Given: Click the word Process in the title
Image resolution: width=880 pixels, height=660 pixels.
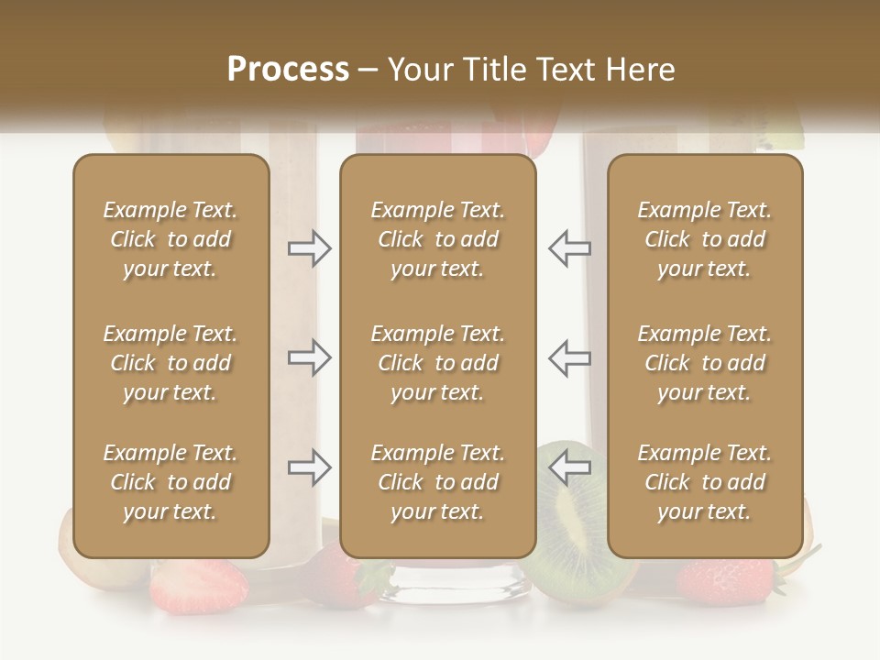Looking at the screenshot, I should (x=288, y=70).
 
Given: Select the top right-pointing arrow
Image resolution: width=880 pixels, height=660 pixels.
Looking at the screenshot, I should (x=310, y=247).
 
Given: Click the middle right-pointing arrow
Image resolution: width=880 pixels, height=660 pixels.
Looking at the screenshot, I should (x=310, y=357).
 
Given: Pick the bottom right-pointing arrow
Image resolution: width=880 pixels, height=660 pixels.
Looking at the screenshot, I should (x=310, y=467).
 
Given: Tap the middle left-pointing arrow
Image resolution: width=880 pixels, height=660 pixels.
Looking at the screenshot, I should (x=569, y=357).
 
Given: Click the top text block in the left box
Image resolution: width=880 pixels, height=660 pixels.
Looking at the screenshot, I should (x=170, y=239).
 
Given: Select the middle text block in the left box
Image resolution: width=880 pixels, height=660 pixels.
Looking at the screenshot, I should (x=170, y=363).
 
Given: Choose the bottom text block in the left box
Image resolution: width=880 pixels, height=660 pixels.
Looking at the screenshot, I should (x=170, y=482).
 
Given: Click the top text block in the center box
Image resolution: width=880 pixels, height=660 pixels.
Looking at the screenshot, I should (x=438, y=239).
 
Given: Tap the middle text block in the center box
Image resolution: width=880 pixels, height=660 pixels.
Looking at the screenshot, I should (x=438, y=363).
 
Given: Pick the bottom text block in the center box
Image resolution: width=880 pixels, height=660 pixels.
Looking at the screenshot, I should (x=438, y=482).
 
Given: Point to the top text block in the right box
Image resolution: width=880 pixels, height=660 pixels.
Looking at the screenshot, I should (x=705, y=239).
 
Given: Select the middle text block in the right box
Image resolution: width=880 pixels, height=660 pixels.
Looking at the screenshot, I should (x=705, y=363).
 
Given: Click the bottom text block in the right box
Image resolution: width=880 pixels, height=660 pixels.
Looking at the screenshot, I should (x=705, y=482).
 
